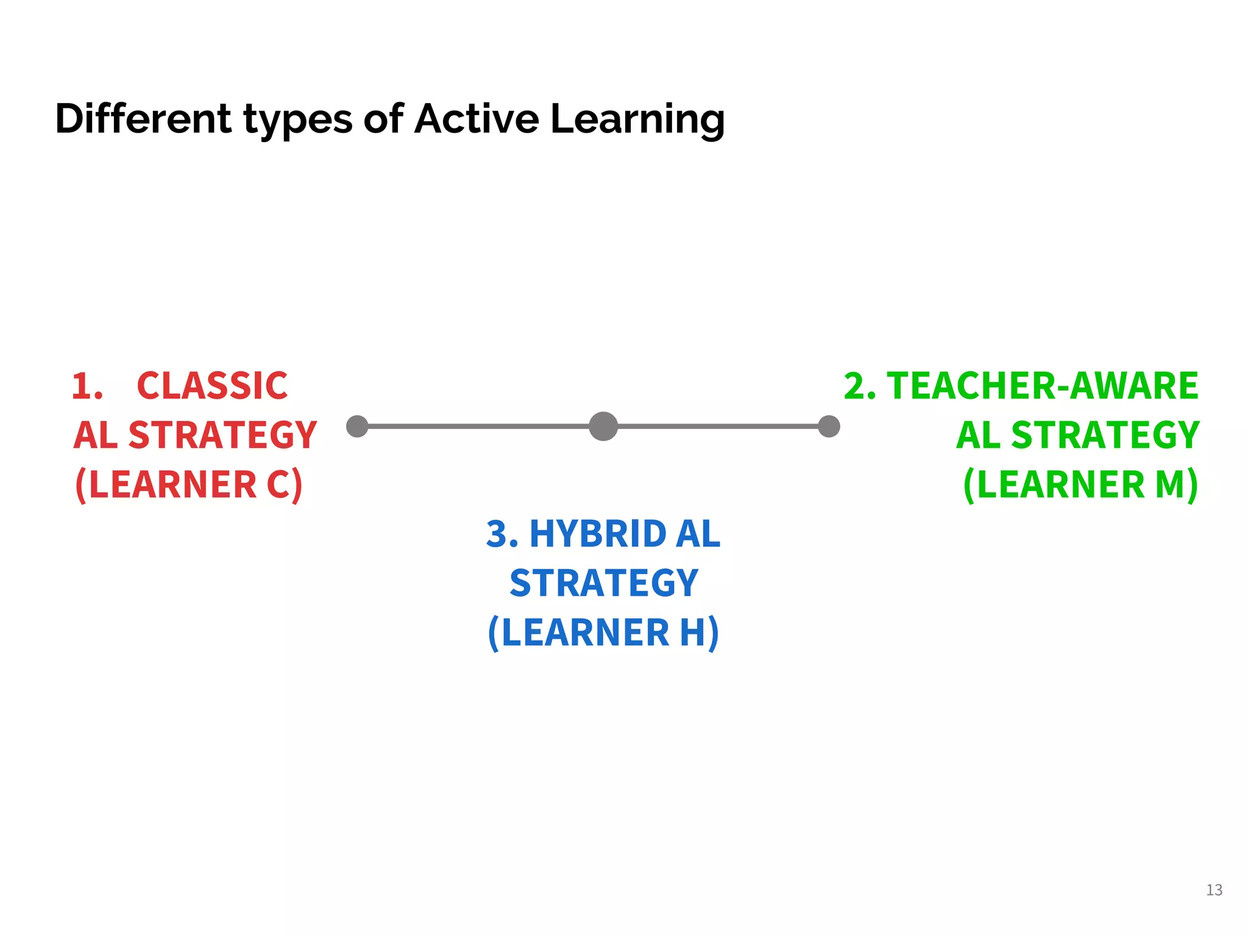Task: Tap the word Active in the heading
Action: [x=476, y=118]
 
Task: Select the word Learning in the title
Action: [x=637, y=119]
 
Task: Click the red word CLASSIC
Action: [x=212, y=386]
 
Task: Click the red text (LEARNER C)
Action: [x=189, y=485]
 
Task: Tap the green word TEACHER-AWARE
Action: [x=1042, y=386]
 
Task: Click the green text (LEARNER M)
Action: [x=1080, y=485]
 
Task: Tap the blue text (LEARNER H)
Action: [x=603, y=633]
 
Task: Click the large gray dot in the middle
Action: [x=603, y=426]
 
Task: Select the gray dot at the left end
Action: [x=357, y=426]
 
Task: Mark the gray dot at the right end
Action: [x=829, y=426]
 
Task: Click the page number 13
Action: [x=1214, y=890]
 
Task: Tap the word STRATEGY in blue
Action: [x=603, y=584]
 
